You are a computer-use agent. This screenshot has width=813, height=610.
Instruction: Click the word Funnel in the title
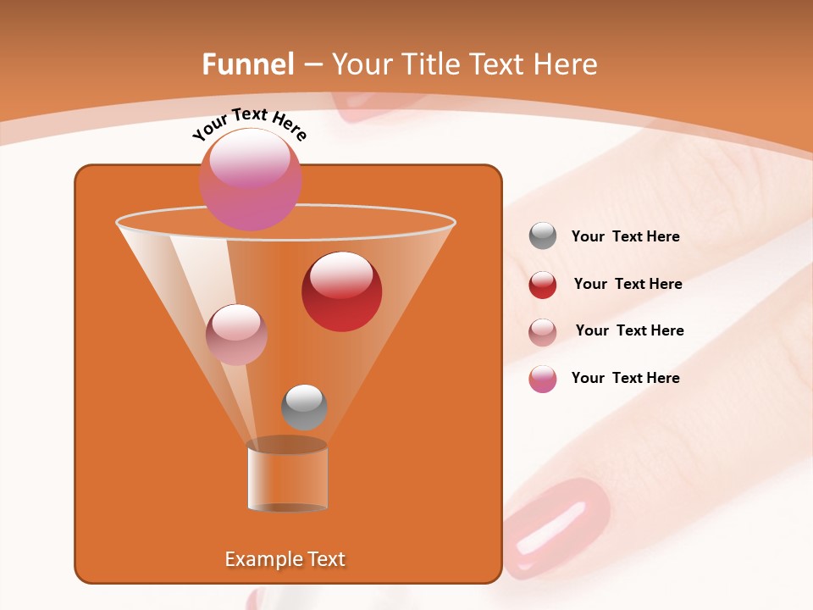(248, 64)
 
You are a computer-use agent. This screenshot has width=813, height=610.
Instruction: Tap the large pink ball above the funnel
(251, 179)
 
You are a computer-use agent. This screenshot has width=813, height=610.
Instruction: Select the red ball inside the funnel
(341, 291)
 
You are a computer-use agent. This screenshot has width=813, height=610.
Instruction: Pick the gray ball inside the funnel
(304, 408)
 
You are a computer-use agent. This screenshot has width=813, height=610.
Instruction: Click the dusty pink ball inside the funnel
(236, 335)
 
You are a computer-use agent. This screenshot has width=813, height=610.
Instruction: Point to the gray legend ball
(543, 236)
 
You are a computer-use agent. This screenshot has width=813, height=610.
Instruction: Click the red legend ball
(543, 285)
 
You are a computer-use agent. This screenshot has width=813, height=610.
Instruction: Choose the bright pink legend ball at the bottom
(543, 379)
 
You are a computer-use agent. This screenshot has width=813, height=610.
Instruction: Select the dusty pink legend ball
(543, 331)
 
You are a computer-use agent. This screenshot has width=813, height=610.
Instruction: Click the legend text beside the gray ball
(625, 237)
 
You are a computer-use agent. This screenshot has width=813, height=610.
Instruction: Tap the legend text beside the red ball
(628, 285)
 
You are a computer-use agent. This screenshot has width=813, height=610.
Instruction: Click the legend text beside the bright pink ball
(625, 378)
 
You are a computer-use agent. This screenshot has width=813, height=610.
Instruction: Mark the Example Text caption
(285, 559)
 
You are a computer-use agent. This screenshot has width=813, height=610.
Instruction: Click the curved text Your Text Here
(249, 124)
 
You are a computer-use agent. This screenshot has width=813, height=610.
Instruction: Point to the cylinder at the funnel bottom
(287, 478)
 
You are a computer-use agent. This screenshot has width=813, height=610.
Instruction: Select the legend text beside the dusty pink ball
(629, 330)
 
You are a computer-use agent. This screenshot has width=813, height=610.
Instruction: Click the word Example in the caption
(259, 559)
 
